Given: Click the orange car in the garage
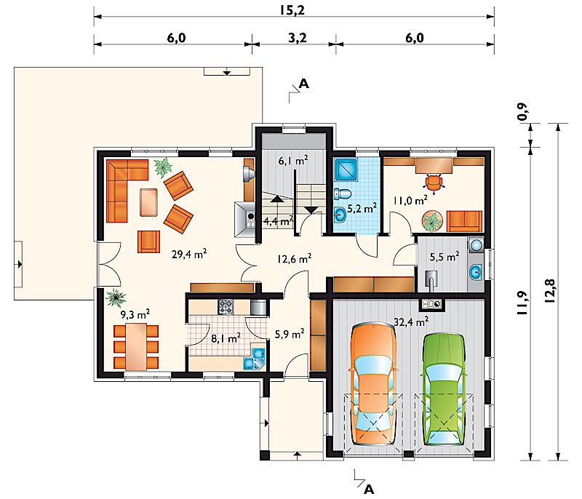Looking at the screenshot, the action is [374, 384].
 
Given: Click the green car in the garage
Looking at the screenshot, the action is [444, 390].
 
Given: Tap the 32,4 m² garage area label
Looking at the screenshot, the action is [411, 322].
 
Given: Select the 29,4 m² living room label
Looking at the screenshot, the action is [189, 254].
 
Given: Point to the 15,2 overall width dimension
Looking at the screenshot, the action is [292, 10].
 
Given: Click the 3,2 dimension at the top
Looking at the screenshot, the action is [298, 38].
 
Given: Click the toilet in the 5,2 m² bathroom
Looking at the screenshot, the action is [342, 193].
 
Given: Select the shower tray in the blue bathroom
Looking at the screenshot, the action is [346, 170].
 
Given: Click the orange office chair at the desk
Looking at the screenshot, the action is [434, 182].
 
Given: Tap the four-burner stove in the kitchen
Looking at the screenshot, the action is [226, 307].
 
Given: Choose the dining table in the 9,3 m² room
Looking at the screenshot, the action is [136, 347].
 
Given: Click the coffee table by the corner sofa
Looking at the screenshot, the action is [148, 201].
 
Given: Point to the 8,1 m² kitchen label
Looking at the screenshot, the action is [226, 338].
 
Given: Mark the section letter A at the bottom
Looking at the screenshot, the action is [369, 490].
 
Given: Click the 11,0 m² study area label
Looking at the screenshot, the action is [410, 201].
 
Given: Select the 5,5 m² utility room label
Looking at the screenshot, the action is [445, 256].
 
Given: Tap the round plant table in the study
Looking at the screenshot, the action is [432, 221].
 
